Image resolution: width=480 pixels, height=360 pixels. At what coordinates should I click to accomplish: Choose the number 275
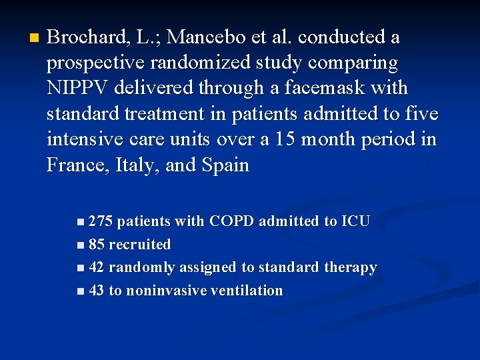click(101, 221)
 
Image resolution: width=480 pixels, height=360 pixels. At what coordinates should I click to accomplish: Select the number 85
click(96, 245)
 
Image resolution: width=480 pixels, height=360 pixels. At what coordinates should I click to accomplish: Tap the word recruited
click(139, 245)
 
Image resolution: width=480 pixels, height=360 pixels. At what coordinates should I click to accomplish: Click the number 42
click(96, 268)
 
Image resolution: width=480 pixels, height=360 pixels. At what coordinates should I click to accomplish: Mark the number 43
click(96, 291)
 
